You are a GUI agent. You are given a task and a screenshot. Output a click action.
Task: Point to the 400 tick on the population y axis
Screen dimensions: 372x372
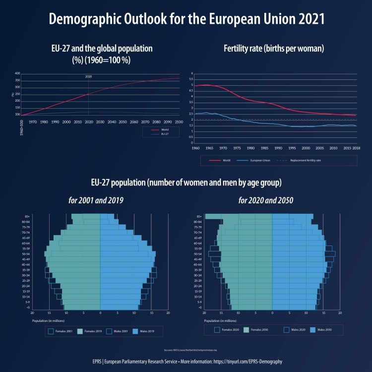click(17, 73)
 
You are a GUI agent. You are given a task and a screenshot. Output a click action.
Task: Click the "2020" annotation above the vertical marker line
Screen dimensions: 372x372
click(89, 76)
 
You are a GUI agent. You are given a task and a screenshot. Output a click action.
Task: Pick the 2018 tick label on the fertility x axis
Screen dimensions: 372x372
click(356, 148)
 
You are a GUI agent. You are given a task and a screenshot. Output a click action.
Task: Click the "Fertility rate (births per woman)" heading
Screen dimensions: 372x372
click(274, 49)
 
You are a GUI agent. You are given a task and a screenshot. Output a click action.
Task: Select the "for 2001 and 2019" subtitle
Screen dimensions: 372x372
click(96, 201)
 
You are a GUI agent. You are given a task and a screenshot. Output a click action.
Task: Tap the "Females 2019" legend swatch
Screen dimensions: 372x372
click(79, 331)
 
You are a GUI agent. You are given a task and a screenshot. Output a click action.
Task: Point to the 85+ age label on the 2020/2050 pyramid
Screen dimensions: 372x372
click(198, 217)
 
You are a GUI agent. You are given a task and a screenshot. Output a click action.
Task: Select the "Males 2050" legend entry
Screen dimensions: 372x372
click(323, 329)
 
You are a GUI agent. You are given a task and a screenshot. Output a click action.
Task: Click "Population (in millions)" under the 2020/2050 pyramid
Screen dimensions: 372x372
click(218, 320)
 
